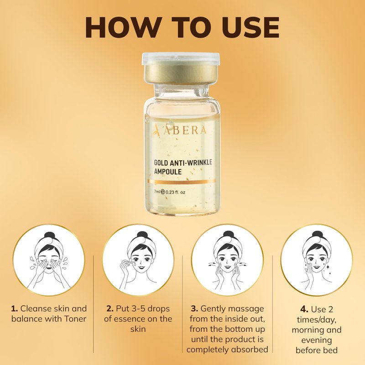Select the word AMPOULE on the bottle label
point(167,172)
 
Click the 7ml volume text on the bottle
point(156,192)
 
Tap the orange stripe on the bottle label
point(182,181)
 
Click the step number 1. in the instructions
point(15,309)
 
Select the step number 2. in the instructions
point(110,309)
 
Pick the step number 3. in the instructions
point(195,309)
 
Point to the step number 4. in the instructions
point(304,309)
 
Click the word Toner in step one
point(75,318)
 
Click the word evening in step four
point(317,340)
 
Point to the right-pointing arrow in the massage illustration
point(243,264)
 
